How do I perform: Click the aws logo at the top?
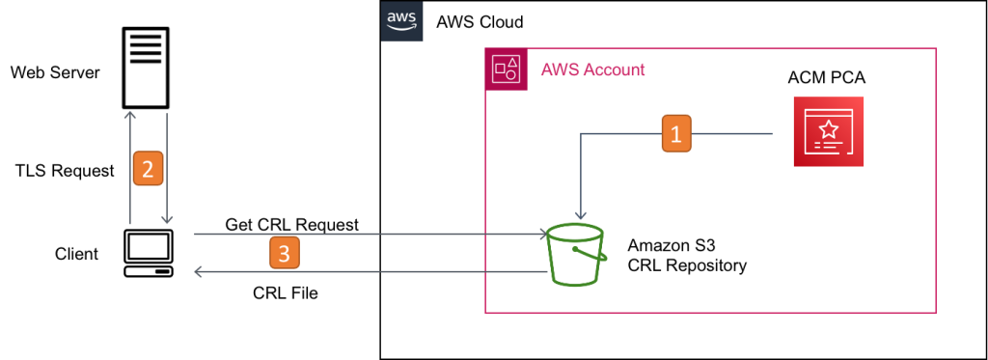point(401,20)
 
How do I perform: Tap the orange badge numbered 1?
point(675,133)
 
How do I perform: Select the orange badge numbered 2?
point(148,170)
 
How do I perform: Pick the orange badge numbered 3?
point(284,253)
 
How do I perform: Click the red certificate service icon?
point(828,132)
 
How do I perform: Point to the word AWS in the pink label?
point(558,69)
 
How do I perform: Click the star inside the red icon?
point(828,126)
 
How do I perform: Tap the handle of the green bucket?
point(590,254)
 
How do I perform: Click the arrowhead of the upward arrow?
point(130,115)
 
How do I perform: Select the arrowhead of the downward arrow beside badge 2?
point(167,220)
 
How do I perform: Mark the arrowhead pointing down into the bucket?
point(581,216)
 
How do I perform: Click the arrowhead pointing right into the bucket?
point(543,234)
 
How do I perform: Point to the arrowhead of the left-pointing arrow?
point(199,273)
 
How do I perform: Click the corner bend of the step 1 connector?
point(581,133)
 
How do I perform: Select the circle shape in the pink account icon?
point(511,74)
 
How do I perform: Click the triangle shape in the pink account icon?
point(512,62)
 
